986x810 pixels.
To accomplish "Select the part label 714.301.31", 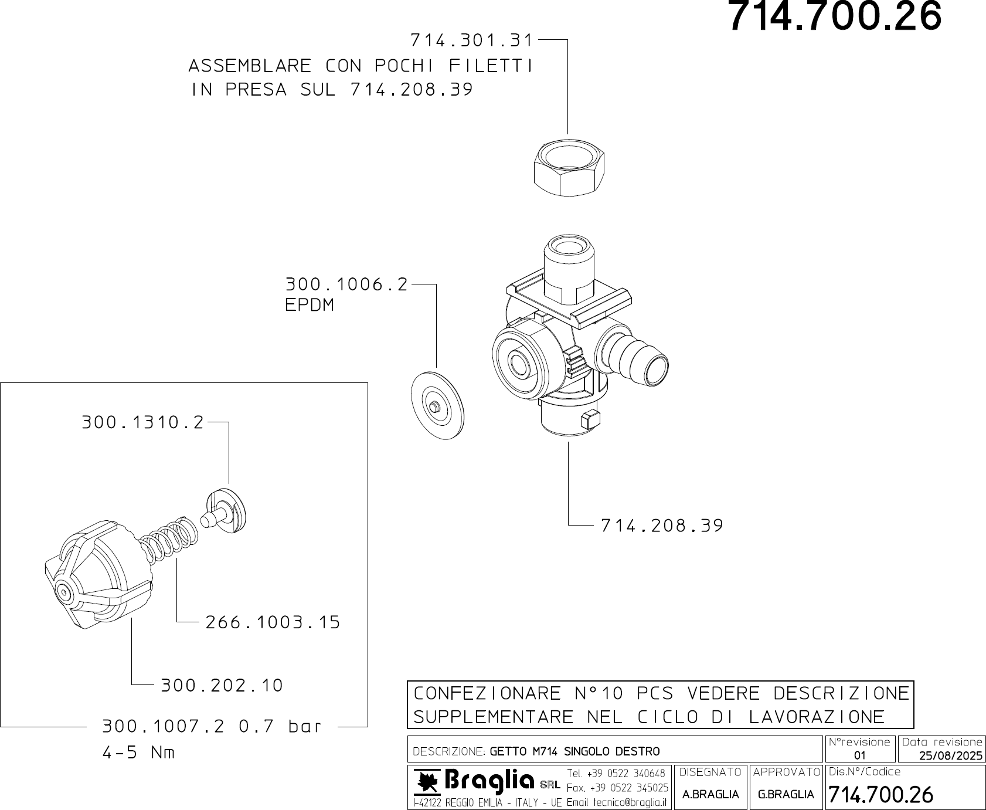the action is click(x=472, y=40).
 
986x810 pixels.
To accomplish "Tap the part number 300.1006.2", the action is click(x=346, y=284).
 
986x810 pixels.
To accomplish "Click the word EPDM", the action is click(x=309, y=305).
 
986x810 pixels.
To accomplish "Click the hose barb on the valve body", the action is click(x=636, y=358).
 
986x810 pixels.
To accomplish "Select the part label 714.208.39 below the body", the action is click(x=662, y=526).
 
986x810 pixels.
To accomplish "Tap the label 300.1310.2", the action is click(x=142, y=422).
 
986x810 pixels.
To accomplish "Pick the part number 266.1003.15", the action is click(x=273, y=622).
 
